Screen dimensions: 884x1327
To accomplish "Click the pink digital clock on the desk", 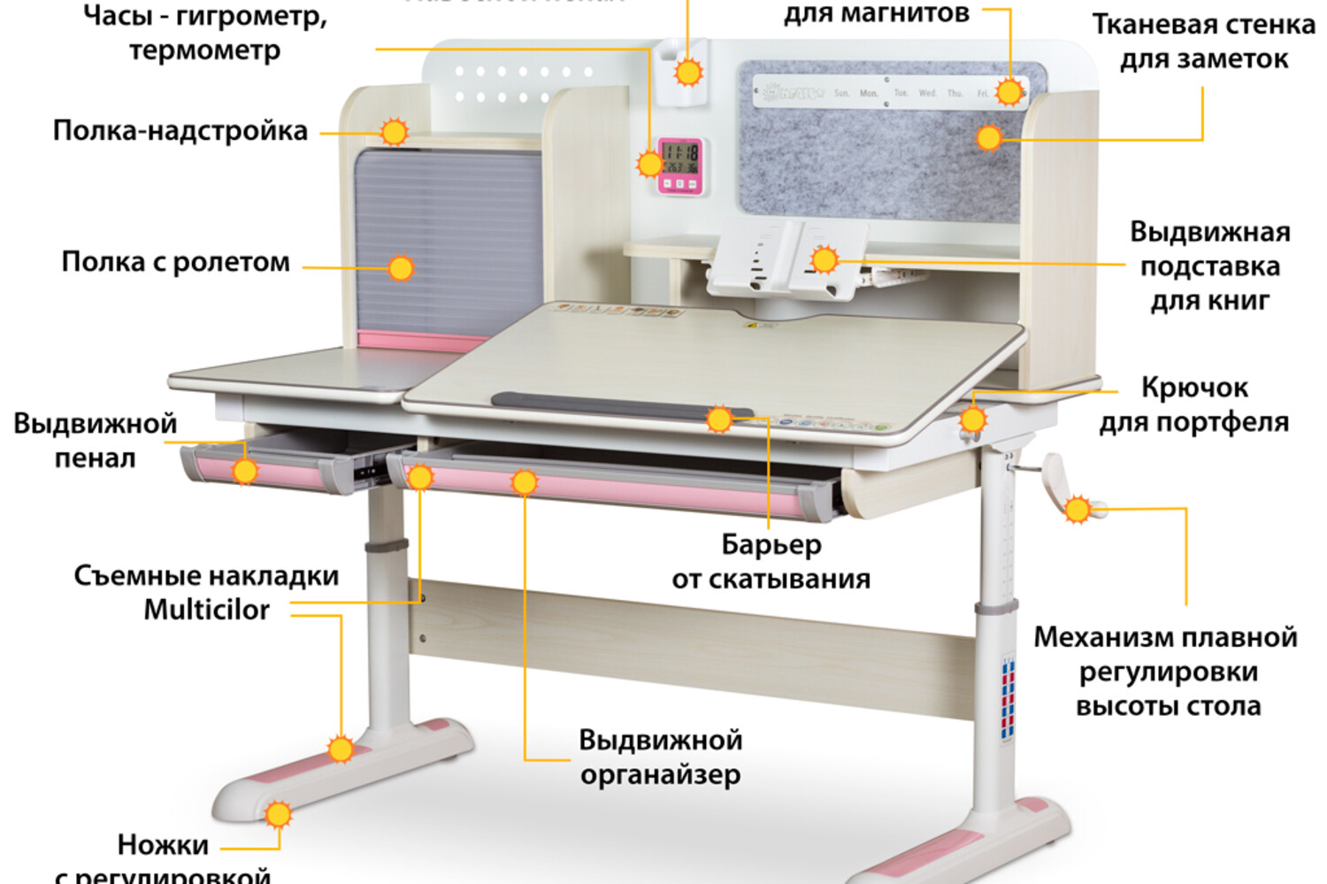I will (x=681, y=165).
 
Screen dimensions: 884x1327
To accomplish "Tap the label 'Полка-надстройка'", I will (x=180, y=131).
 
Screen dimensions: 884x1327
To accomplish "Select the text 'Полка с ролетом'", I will (x=175, y=263).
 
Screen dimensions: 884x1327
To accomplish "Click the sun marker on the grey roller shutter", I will (x=401, y=267).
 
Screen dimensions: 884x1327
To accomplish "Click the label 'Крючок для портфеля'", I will (x=1193, y=404).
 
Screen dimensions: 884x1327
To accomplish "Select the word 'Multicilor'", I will (x=206, y=610).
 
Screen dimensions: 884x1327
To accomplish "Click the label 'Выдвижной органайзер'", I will (x=660, y=757).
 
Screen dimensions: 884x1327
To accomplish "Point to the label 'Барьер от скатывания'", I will (x=771, y=562).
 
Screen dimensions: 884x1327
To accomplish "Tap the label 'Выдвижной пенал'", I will (x=95, y=441).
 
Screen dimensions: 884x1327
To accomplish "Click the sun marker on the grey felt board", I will (x=989, y=137).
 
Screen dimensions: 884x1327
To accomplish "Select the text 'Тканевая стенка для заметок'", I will (x=1203, y=42).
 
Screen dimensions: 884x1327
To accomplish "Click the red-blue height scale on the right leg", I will (x=1008, y=699).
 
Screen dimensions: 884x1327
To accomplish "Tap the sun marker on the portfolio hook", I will (x=972, y=419).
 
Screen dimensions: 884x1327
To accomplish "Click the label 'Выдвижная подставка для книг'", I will (x=1209, y=266).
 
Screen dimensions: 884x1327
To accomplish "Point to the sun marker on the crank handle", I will (x=1078, y=509).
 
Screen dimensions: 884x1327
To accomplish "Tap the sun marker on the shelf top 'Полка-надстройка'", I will (x=394, y=133).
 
